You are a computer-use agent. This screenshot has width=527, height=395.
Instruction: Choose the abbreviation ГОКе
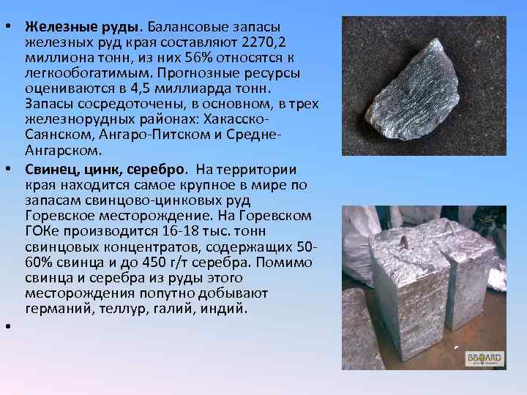tap(42, 232)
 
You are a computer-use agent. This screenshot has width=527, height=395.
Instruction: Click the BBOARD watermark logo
tap(485, 358)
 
